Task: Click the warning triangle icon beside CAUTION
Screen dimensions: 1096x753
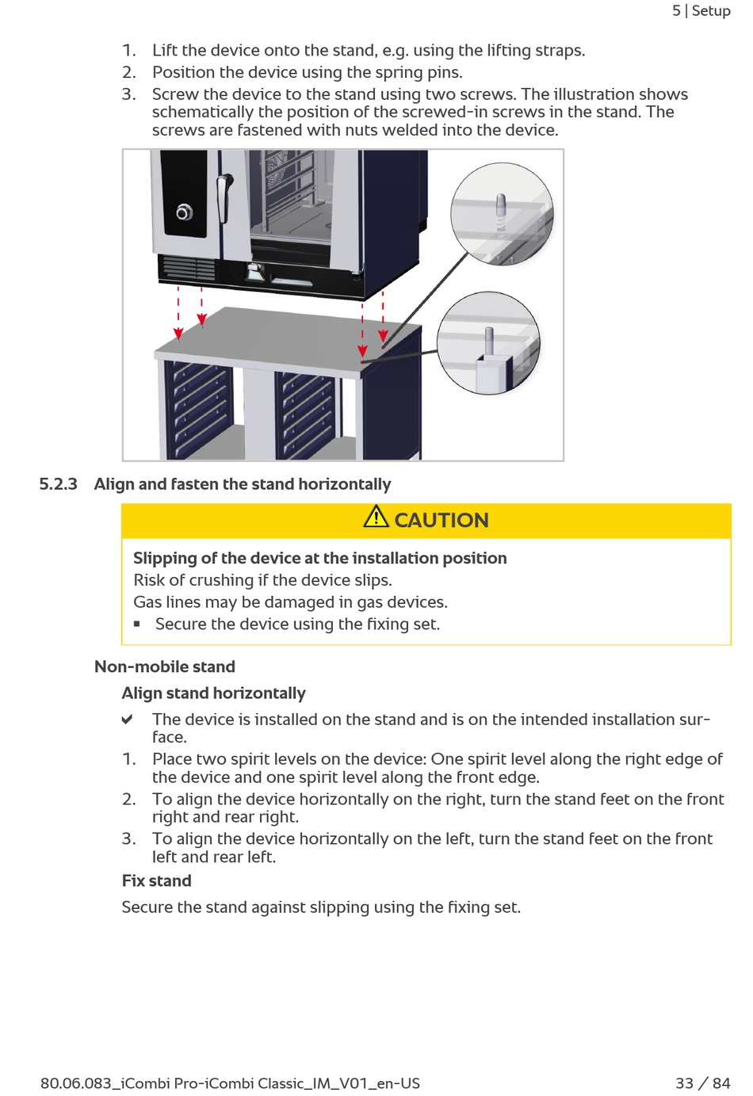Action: (376, 517)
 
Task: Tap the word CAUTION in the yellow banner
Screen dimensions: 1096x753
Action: (441, 521)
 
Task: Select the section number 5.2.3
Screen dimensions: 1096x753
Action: (59, 484)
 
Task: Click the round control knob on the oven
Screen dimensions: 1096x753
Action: (184, 212)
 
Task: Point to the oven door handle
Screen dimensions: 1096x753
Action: (225, 198)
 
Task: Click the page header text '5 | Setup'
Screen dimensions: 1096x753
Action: (701, 11)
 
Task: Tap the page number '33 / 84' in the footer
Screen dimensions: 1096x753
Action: (702, 1083)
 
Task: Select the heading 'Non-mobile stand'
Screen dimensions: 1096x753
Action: (165, 667)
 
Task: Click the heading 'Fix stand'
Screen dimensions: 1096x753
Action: (156, 881)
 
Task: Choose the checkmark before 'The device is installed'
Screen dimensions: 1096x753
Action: (127, 720)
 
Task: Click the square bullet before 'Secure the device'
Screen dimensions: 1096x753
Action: (137, 624)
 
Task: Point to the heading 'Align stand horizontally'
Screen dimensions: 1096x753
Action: (213, 693)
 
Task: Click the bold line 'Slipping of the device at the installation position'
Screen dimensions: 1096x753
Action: (319, 559)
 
